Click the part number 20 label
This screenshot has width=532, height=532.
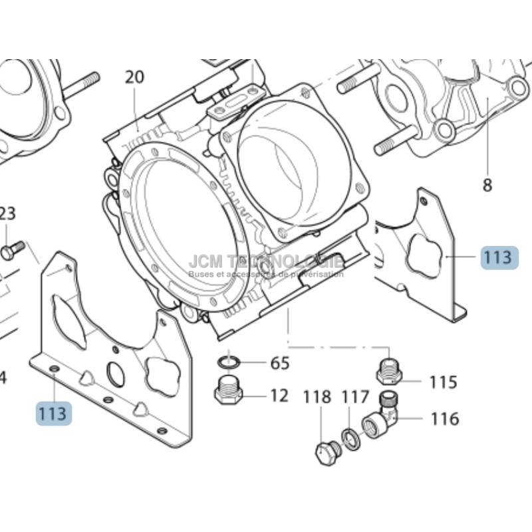pyautogui.click(x=134, y=77)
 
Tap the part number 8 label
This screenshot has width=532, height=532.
pyautogui.click(x=487, y=185)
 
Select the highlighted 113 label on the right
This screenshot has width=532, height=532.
pyautogui.click(x=498, y=257)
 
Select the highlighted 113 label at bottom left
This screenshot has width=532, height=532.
pyautogui.click(x=53, y=413)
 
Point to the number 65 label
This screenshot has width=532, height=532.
pyautogui.click(x=279, y=363)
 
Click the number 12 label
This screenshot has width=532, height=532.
pyautogui.click(x=279, y=396)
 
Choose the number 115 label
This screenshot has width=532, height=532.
pyautogui.click(x=443, y=382)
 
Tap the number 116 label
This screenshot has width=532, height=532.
pyautogui.click(x=444, y=419)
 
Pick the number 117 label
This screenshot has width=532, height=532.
pyautogui.click(x=355, y=398)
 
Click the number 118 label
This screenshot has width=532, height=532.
pyautogui.click(x=317, y=398)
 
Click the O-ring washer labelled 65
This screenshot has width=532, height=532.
pyautogui.click(x=230, y=362)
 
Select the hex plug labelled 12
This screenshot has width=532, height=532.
pyautogui.click(x=228, y=390)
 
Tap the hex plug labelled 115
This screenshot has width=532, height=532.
pyautogui.click(x=390, y=372)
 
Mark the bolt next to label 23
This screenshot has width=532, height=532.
pyautogui.click(x=12, y=249)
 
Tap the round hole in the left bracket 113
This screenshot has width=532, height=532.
pyautogui.click(x=115, y=376)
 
